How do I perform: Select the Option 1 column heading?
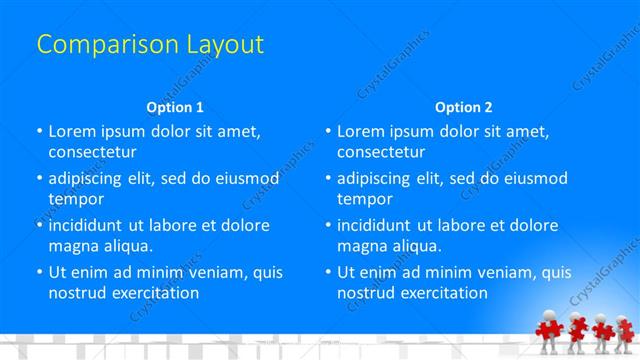[x=175, y=106]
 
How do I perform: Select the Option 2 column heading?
[x=463, y=106]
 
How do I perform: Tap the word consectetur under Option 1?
[x=92, y=152]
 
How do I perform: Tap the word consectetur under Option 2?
[x=381, y=152]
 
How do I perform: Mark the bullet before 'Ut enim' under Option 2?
[x=327, y=272]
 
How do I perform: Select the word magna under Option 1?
[x=72, y=246]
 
